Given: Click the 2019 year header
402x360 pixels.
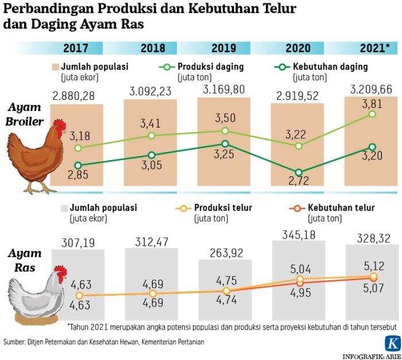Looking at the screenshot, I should (223, 48).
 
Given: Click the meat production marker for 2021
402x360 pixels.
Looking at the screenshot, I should (372, 114).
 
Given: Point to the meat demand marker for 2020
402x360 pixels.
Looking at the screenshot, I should (299, 172).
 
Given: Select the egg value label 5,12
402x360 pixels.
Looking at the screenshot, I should (372, 266).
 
